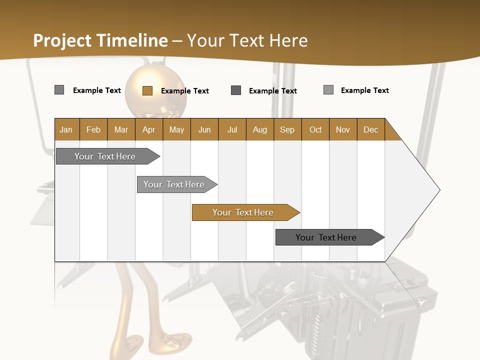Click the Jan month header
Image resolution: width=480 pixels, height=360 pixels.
66,129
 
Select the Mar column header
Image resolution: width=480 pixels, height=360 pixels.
121,129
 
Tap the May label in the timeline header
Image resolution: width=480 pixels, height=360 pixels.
176,129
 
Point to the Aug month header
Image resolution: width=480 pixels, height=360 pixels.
259,129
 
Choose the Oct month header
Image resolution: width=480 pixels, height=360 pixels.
315,129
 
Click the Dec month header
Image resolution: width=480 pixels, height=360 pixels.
370,129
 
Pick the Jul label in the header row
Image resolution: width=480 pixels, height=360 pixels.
232,129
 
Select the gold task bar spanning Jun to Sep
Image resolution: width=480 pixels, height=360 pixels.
243,212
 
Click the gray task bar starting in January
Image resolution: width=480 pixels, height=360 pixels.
105,156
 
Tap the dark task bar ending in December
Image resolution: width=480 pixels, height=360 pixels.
326,237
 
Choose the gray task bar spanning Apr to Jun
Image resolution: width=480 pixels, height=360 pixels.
174,184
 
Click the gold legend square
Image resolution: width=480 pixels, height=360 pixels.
147,90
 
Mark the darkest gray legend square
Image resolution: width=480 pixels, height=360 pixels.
236,90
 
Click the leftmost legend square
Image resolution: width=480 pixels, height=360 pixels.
59,90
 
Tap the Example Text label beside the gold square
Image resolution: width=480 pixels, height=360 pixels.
184,91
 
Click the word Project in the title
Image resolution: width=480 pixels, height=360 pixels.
62,40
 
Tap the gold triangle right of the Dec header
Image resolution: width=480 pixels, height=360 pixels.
391,133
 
